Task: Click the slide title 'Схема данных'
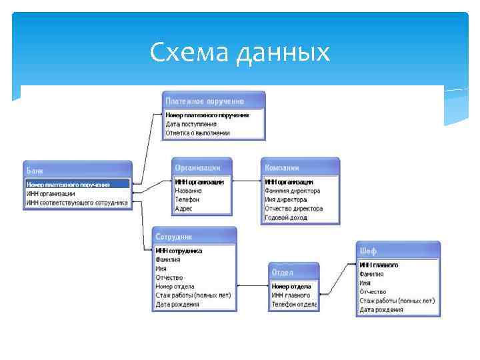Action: pyautogui.click(x=239, y=52)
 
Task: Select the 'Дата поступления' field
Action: pyautogui.click(x=191, y=124)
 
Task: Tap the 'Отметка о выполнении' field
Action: pyautogui.click(x=198, y=133)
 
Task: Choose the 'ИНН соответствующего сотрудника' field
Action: pyautogui.click(x=77, y=203)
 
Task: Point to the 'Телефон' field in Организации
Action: pyautogui.click(x=187, y=199)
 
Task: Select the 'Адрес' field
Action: pyautogui.click(x=184, y=209)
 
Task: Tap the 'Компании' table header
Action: pyautogui.click(x=282, y=167)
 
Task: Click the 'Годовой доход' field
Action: pyautogui.click(x=285, y=218)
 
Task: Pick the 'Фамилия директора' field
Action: pyautogui.click(x=293, y=191)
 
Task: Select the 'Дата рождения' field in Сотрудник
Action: pyautogui.click(x=177, y=305)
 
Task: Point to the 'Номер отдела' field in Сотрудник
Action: pyautogui.click(x=175, y=287)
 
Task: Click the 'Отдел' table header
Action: pyautogui.click(x=283, y=273)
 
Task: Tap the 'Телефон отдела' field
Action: pyautogui.click(x=294, y=305)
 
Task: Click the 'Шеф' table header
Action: pyautogui.click(x=369, y=251)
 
